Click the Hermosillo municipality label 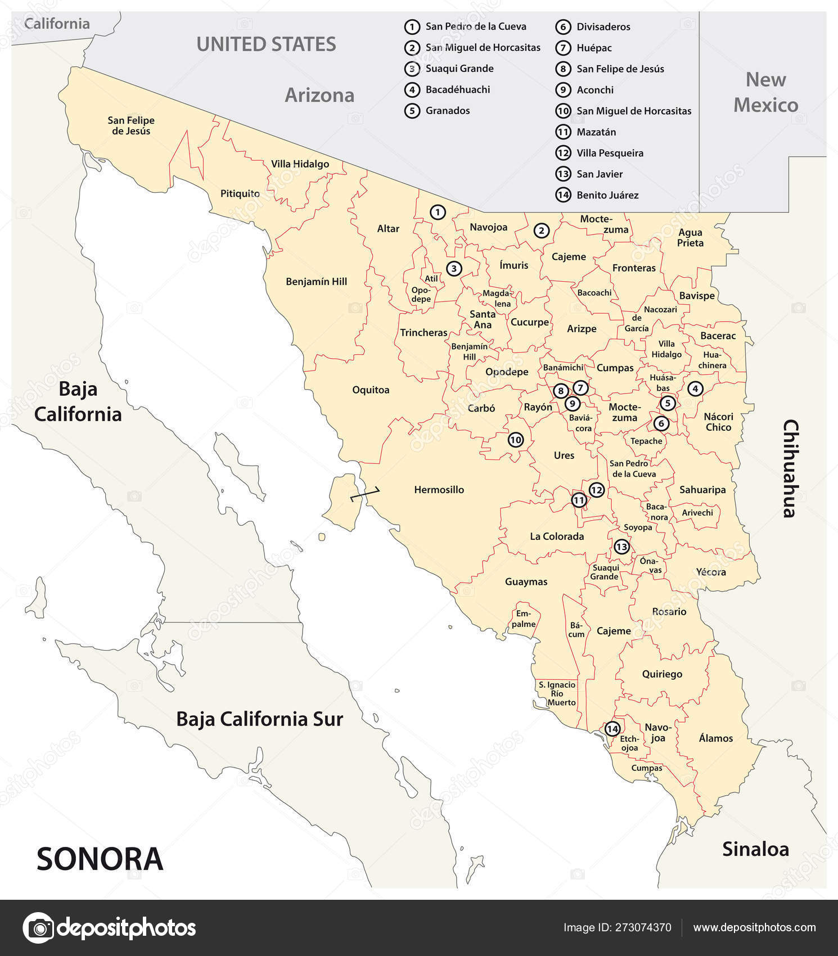[x=439, y=490]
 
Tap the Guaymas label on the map [x=526, y=582]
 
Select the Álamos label [x=715, y=738]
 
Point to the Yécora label [x=711, y=572]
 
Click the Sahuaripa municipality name [x=702, y=490]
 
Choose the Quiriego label [x=662, y=674]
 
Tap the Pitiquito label [x=240, y=193]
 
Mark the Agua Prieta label [x=690, y=238]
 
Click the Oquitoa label [x=371, y=390]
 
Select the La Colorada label [x=557, y=536]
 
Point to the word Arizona [x=319, y=95]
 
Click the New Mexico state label [x=765, y=93]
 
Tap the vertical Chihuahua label [x=790, y=468]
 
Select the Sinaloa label [x=755, y=849]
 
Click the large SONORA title [x=100, y=859]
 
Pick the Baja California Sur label [x=259, y=719]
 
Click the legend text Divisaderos [x=603, y=27]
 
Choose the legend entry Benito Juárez [x=607, y=195]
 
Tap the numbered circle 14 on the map [x=612, y=729]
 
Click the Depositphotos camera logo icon [x=38, y=928]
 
